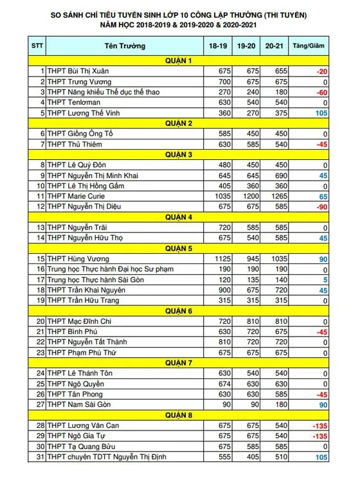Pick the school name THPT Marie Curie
tap(76, 196)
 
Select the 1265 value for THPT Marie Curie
tap(275, 196)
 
